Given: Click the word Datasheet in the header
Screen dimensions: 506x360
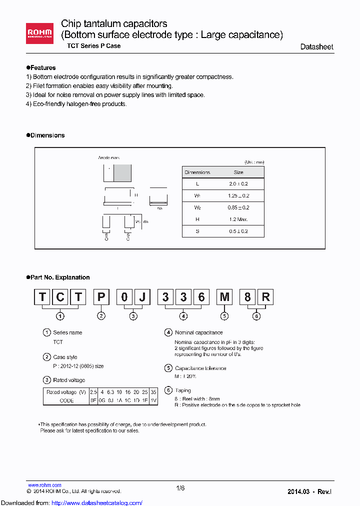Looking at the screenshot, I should point(316,46).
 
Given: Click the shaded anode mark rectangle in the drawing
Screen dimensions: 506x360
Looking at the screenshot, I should point(122,173).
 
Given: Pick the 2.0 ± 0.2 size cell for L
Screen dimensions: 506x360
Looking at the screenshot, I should point(238,183).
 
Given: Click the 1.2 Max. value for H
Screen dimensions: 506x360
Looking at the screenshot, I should point(238,219).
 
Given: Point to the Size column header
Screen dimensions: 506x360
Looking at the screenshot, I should point(238,172).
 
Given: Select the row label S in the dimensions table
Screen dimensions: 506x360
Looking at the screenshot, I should point(197,231).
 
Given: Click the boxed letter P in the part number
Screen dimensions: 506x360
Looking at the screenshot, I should point(101,297).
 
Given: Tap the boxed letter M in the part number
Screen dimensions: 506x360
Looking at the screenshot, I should point(225,297).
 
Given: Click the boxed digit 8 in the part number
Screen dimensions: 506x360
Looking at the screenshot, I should point(247,297).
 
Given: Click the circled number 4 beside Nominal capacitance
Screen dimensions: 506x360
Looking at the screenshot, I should point(168,332).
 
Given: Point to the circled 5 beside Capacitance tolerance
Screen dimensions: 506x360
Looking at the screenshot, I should point(168,368).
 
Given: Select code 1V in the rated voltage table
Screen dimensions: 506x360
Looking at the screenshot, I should point(153,400).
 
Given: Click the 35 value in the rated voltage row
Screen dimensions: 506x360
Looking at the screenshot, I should point(153,392).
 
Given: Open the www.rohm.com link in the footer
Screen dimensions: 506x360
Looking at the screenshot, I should point(44,485).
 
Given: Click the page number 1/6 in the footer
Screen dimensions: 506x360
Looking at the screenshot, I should point(180,488).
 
